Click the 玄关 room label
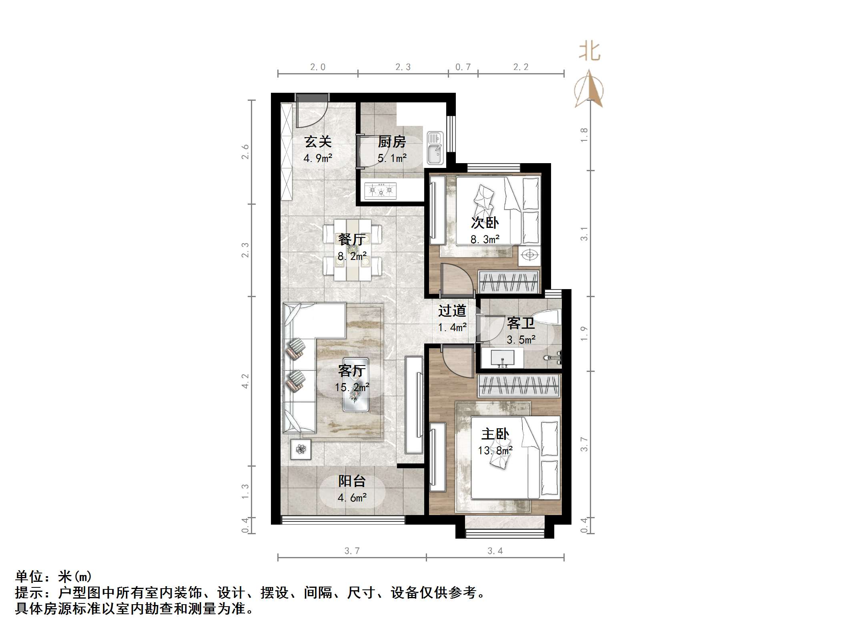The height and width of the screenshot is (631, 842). click(x=318, y=142)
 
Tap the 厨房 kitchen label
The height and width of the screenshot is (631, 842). click(x=391, y=142)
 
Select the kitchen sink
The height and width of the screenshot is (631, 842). click(x=435, y=148)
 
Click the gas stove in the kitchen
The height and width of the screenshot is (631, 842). click(x=380, y=191)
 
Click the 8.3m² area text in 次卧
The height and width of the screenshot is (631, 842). click(x=485, y=240)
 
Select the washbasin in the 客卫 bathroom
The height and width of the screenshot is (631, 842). click(x=501, y=357)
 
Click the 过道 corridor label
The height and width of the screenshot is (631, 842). click(x=452, y=311)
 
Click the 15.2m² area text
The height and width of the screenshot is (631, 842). click(x=352, y=387)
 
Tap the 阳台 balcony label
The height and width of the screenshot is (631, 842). click(x=352, y=481)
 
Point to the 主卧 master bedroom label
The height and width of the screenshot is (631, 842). click(x=495, y=434)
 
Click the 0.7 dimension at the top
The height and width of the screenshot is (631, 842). click(x=463, y=67)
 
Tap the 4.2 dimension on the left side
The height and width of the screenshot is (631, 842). click(x=245, y=381)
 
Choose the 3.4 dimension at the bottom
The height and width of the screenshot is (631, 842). click(x=495, y=551)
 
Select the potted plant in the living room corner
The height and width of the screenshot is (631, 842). click(x=301, y=449)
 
